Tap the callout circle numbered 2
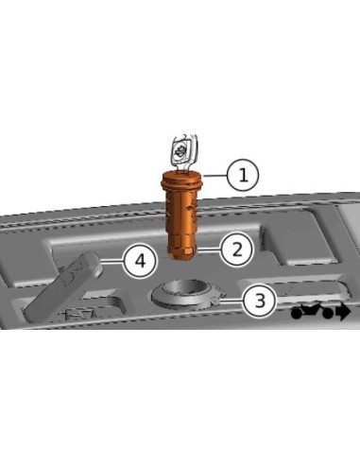click(237, 250)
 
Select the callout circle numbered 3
click(259, 301)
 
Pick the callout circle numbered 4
click(139, 261)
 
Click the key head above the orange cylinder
click(181, 150)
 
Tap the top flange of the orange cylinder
click(183, 177)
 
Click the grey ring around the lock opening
click(184, 301)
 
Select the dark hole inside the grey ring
click(184, 289)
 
